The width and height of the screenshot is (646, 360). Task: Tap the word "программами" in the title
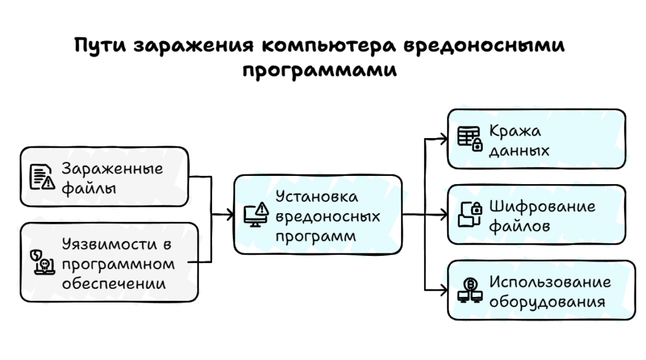point(320,69)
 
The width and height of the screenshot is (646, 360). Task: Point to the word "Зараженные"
point(112,168)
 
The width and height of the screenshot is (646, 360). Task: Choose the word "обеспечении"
point(114,284)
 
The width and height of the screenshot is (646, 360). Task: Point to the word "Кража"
point(515,131)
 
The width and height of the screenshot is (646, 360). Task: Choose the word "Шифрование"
point(542,206)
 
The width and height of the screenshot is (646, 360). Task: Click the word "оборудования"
point(548,301)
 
